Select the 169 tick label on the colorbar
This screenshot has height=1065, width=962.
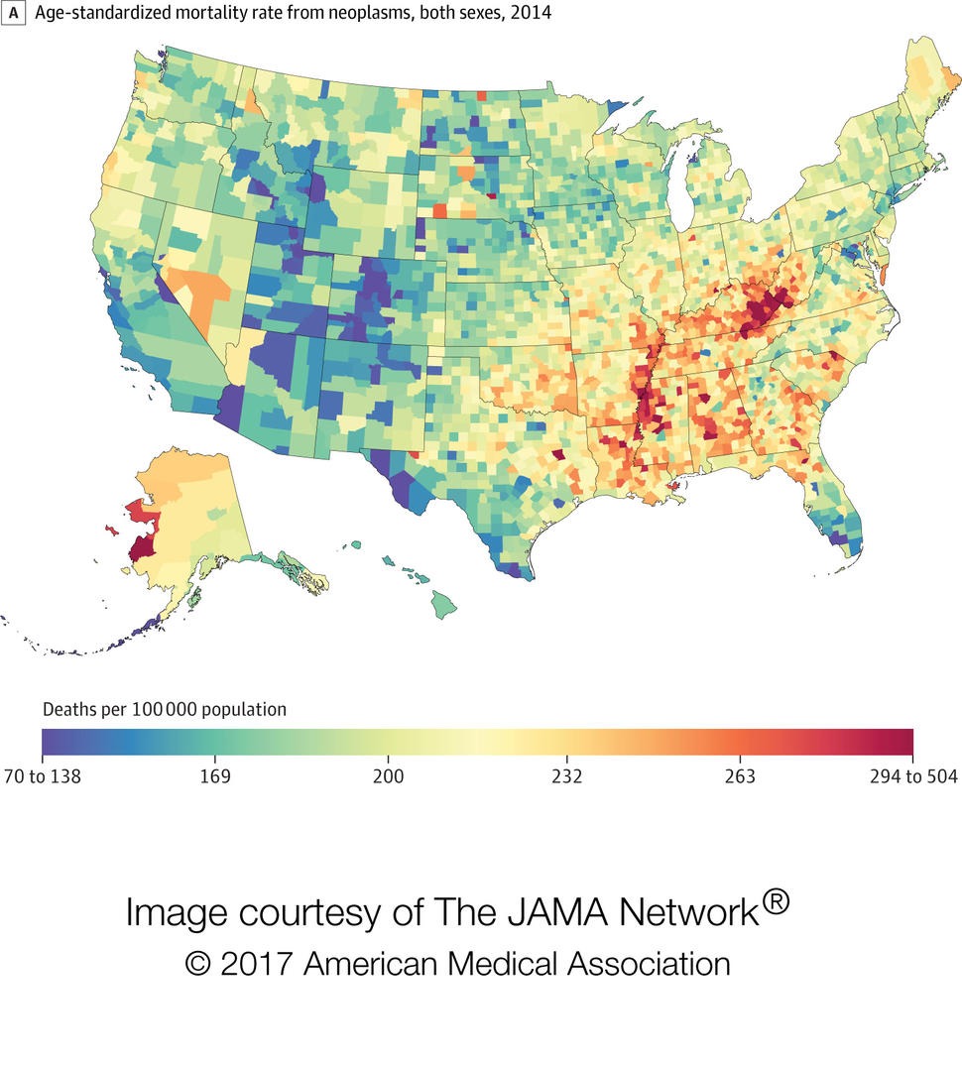coord(216,775)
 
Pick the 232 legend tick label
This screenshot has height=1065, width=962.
coord(563,775)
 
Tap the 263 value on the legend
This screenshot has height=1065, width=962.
coord(738,775)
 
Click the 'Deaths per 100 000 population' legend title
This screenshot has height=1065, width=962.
coord(164,710)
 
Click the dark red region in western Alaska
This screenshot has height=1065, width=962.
coord(145,547)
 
